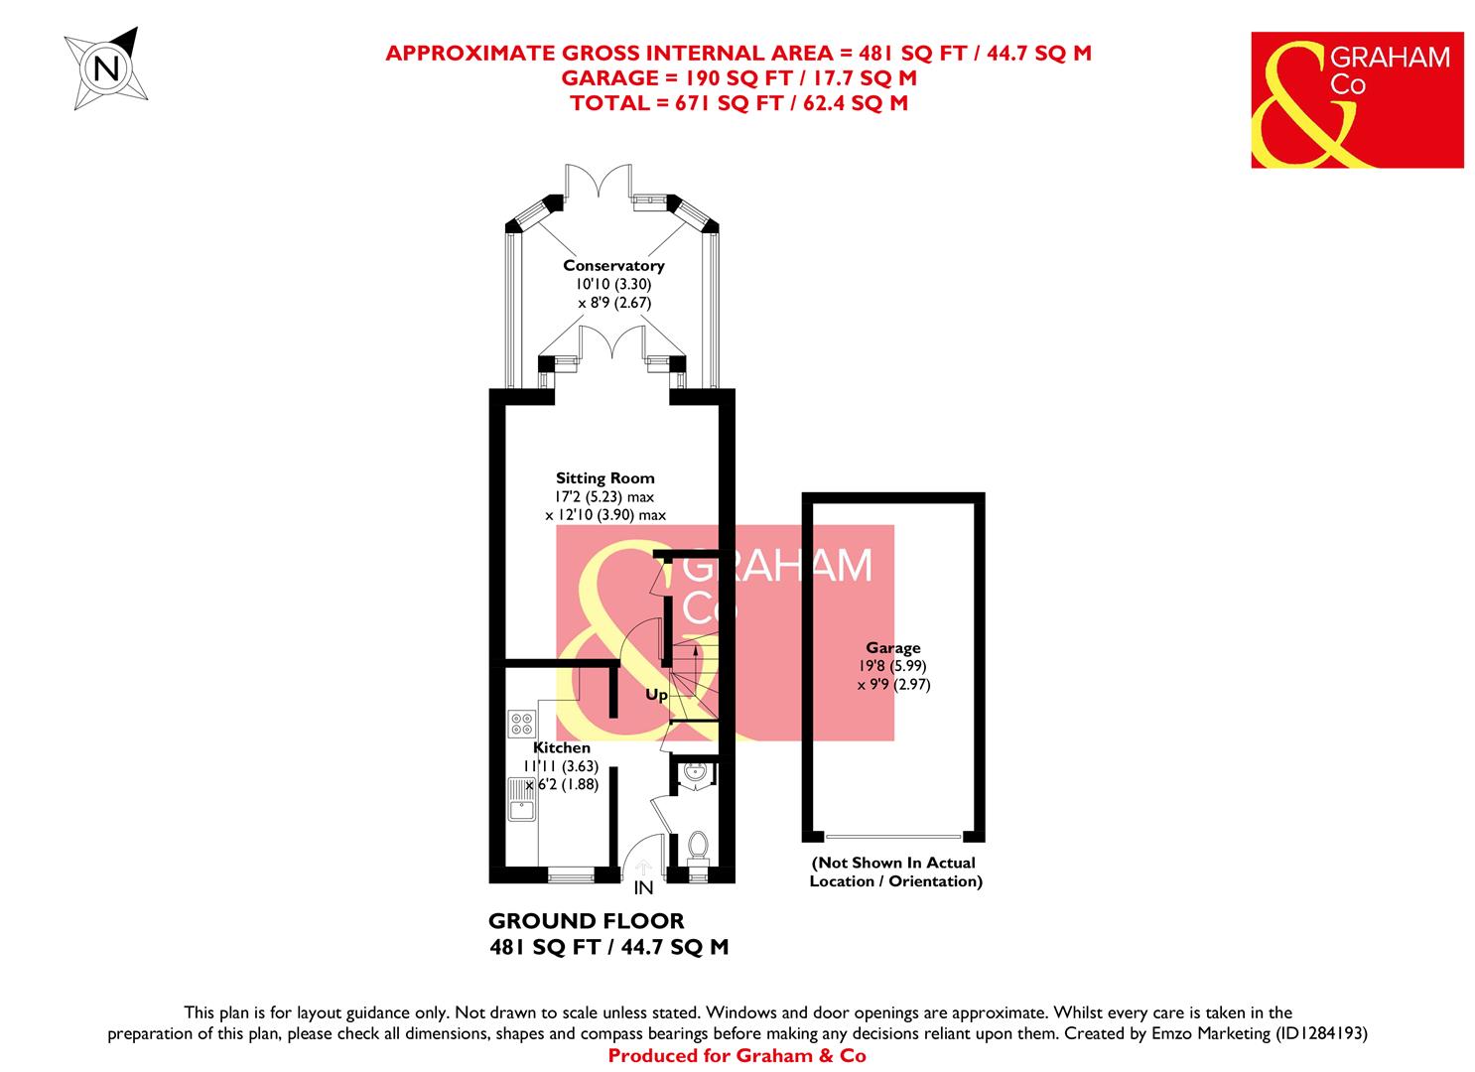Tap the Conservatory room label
pyautogui.click(x=613, y=265)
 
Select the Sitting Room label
pyautogui.click(x=604, y=478)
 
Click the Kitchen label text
pyautogui.click(x=562, y=747)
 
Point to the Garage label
pyautogui.click(x=893, y=648)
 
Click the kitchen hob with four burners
pyautogui.click(x=521, y=723)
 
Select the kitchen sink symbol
pyautogui.click(x=521, y=800)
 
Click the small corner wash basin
pyautogui.click(x=692, y=773)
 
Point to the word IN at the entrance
pyautogui.click(x=643, y=888)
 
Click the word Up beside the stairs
pyautogui.click(x=656, y=695)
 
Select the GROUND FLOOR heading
pyautogui.click(x=587, y=921)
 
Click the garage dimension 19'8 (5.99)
pyautogui.click(x=893, y=666)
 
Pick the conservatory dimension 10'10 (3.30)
pyautogui.click(x=613, y=284)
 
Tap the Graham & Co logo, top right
pyautogui.click(x=1357, y=99)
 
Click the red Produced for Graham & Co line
pyautogui.click(x=737, y=1056)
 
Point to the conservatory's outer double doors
pyautogui.click(x=600, y=182)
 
